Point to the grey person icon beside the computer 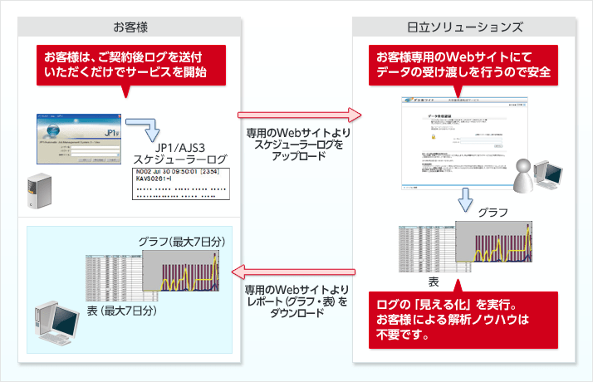point(523,174)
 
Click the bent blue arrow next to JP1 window point(150,131)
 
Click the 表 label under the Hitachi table point(433,282)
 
